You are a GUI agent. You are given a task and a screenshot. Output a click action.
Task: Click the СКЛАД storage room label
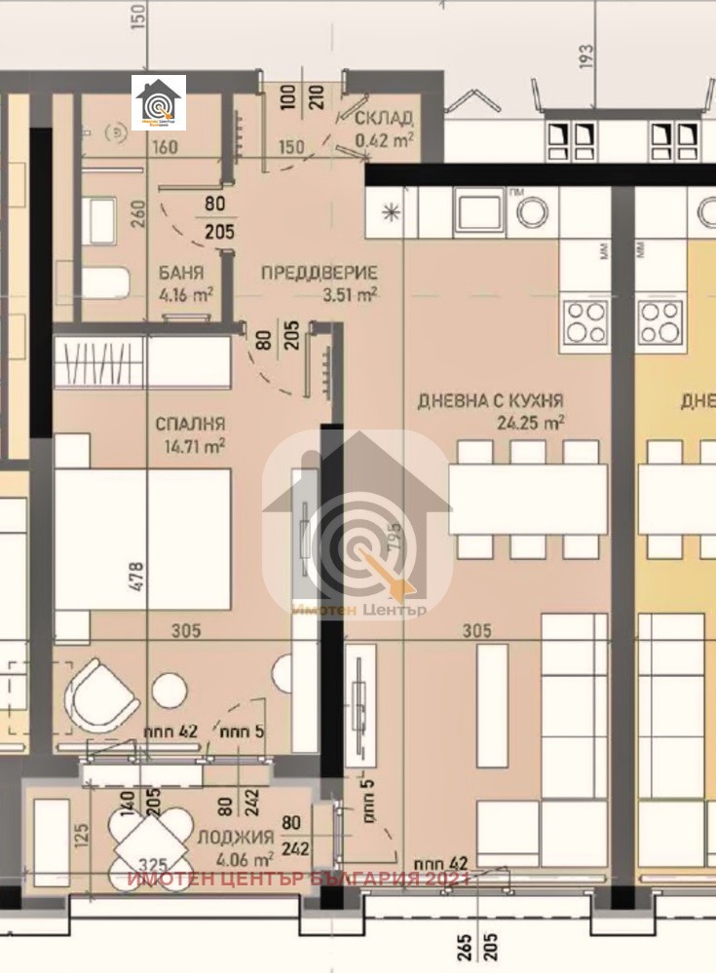point(383,119)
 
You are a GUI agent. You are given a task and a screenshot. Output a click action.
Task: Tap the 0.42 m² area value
point(384,138)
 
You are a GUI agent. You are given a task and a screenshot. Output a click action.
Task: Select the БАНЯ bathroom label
point(180,272)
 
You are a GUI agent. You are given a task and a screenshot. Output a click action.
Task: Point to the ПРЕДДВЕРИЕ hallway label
point(318,273)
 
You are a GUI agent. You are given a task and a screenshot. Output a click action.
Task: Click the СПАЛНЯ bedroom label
point(190,424)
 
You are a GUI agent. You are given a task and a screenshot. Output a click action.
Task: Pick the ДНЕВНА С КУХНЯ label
point(490,400)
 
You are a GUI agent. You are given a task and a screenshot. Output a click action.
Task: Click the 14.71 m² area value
point(195,445)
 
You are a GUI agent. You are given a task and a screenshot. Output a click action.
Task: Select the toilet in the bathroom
point(102,281)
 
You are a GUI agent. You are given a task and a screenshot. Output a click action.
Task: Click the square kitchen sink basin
point(478,212)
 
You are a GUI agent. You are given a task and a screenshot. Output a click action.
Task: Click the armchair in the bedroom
point(101,694)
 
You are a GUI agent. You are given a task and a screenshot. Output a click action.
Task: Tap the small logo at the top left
point(159,101)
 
